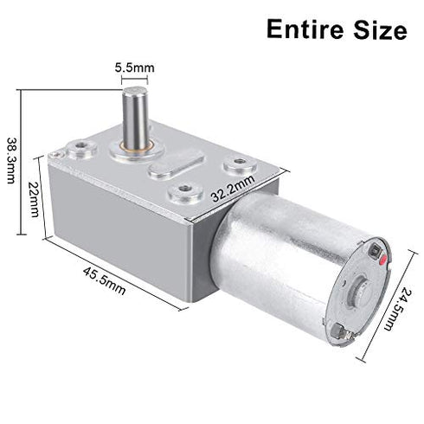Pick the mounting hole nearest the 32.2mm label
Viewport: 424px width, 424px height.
(234, 162)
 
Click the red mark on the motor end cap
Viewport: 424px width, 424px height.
(377, 254)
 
